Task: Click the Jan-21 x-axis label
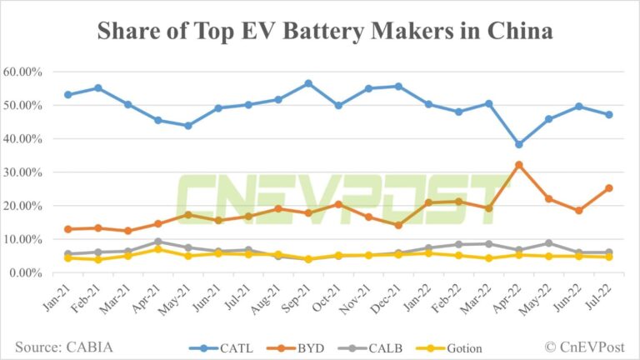click(57, 297)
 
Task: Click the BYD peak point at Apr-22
click(518, 165)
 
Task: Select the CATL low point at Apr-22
click(518, 144)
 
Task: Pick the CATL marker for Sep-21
click(308, 83)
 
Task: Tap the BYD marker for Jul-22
click(609, 188)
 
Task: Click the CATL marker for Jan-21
click(67, 95)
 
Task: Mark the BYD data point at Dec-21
click(398, 225)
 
